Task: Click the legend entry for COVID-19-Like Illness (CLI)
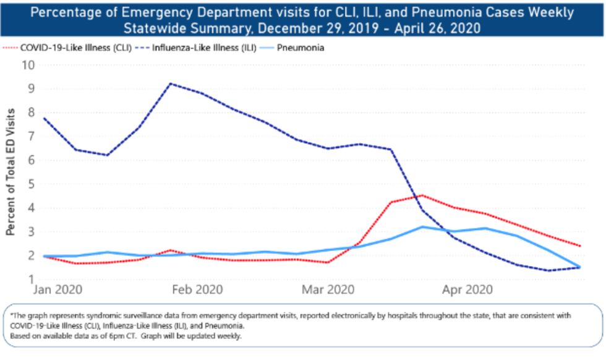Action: [73, 48]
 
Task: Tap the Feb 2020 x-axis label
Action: [197, 289]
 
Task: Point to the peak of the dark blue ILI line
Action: [171, 84]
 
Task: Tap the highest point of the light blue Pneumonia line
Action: [422, 226]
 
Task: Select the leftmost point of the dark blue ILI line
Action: [44, 118]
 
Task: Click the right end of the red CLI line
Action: [579, 246]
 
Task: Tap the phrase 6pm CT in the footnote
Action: [134, 336]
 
